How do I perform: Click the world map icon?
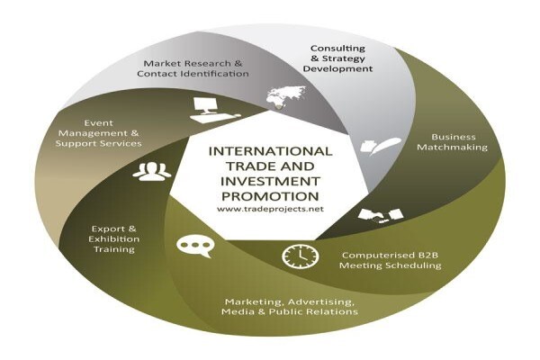[286, 97]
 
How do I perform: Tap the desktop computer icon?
[213, 110]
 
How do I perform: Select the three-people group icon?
[151, 171]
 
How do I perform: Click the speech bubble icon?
[195, 246]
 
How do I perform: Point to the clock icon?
[301, 256]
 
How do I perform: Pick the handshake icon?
[380, 216]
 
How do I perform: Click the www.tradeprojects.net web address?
[270, 209]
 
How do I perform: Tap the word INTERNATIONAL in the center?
[270, 151]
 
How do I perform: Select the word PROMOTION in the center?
[270, 196]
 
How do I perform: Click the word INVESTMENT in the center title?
[270, 181]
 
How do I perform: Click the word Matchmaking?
[452, 147]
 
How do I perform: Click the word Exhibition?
[114, 238]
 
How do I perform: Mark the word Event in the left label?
[98, 123]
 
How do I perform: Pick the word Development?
[337, 69]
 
